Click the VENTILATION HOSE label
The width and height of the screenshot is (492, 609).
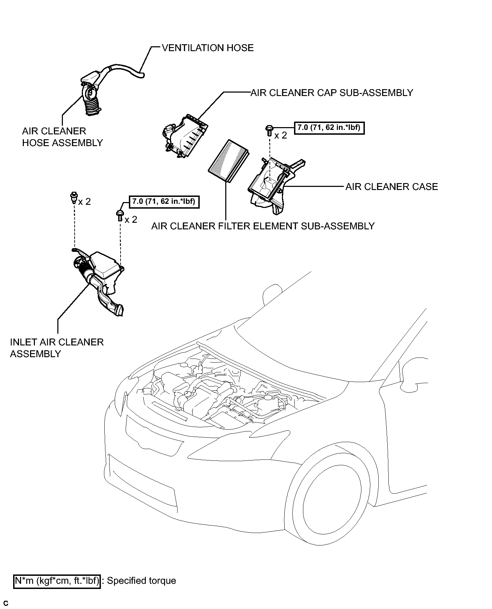coord(208,48)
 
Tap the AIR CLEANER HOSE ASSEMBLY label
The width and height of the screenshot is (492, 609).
coord(63,137)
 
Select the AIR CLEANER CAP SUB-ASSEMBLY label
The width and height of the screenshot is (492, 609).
coord(332,93)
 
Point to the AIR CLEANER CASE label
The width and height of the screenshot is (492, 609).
coord(392,187)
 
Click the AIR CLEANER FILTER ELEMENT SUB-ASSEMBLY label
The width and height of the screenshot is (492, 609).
coord(263,226)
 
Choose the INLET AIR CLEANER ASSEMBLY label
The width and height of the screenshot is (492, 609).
coord(57,348)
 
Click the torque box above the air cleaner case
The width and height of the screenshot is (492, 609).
coord(329,128)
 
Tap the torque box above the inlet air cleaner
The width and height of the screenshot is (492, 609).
coord(164,201)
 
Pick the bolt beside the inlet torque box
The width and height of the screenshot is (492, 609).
coord(120,215)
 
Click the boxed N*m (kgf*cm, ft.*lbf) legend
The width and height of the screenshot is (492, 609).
coord(57,581)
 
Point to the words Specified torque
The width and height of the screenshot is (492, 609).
coord(142,581)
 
